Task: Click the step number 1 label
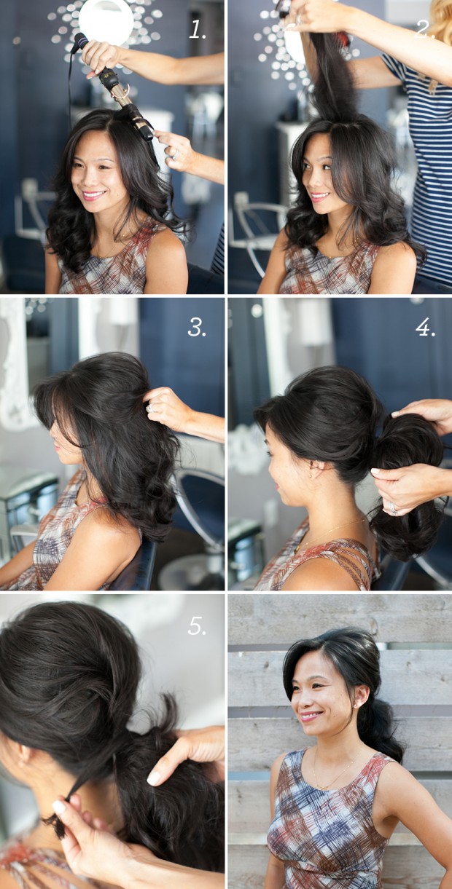[x=197, y=29]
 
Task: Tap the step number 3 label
[x=197, y=328]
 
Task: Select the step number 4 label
[x=425, y=328]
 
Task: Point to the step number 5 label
[x=197, y=625]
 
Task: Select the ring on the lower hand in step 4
[x=393, y=508]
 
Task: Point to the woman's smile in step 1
[x=93, y=195]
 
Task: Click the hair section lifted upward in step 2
[x=330, y=76]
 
